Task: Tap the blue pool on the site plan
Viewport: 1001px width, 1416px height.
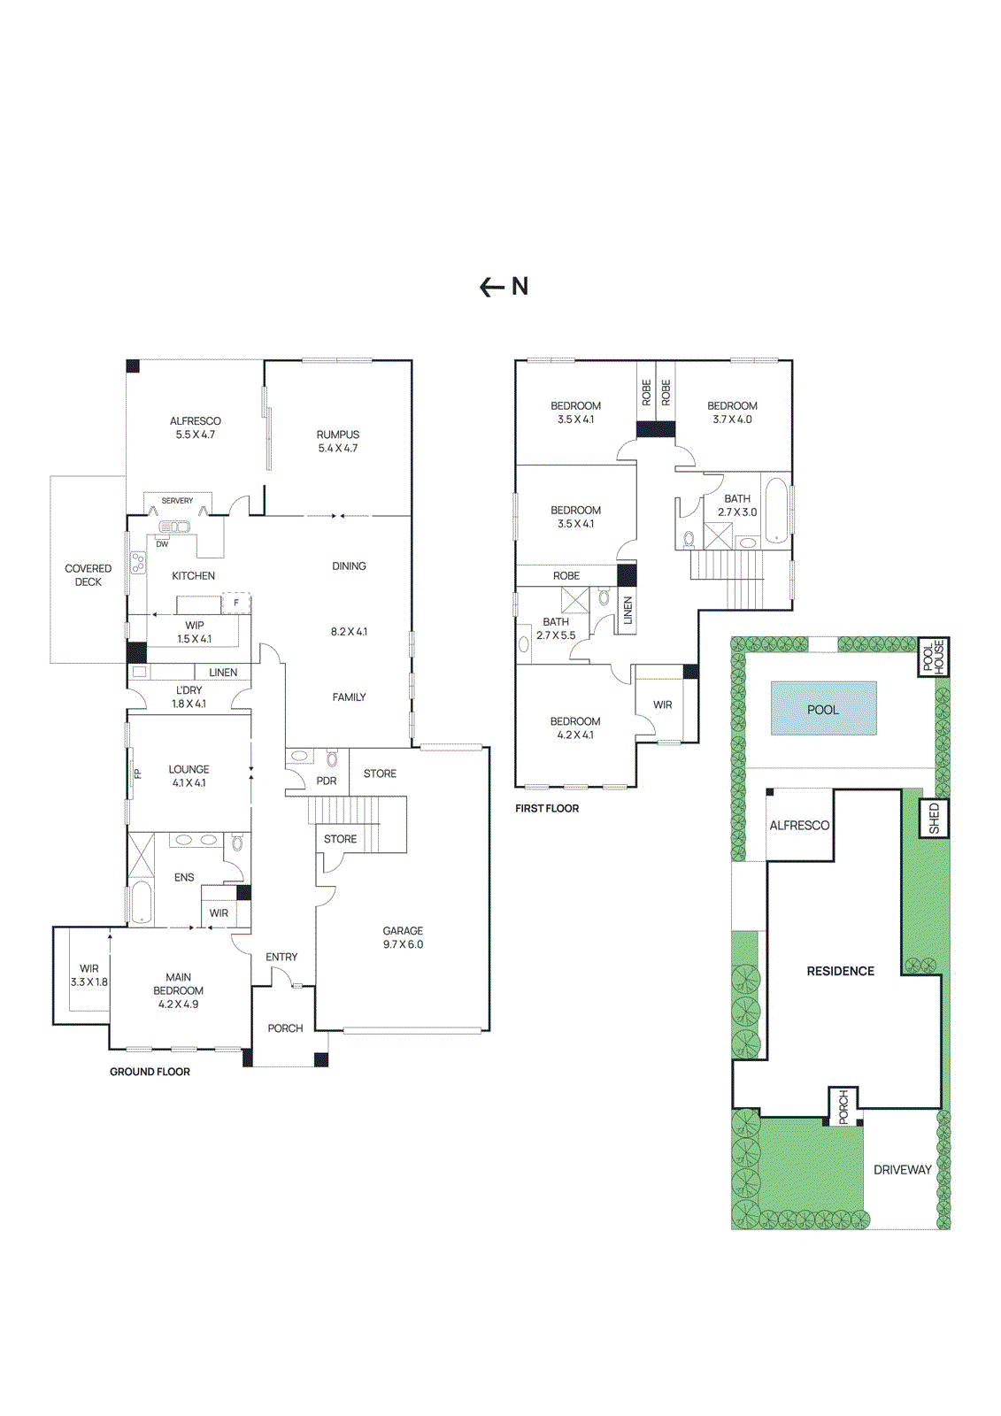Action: [x=823, y=709]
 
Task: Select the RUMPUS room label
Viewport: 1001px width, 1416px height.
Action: [x=338, y=441]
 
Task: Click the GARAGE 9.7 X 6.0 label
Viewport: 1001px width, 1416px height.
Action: [x=403, y=937]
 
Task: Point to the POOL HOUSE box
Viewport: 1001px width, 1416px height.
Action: [x=934, y=657]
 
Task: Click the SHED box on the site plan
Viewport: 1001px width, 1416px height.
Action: [x=934, y=819]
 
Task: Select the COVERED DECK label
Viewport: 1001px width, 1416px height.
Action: [x=88, y=575]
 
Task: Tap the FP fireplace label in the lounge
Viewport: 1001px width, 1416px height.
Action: [x=137, y=773]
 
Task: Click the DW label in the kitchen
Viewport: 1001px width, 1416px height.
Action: [x=162, y=544]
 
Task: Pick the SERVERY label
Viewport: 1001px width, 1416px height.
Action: [x=177, y=501]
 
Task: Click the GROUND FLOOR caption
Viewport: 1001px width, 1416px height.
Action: [x=150, y=1072]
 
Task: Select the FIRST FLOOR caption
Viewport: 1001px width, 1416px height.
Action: [x=547, y=808]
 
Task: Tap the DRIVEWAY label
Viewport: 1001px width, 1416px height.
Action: [x=902, y=1170]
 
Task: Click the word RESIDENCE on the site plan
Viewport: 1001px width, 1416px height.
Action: [x=840, y=971]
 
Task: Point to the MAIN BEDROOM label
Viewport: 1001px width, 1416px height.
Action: [x=178, y=990]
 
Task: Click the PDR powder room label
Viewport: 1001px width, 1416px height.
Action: [x=327, y=781]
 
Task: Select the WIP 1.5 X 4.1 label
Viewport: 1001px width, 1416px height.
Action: [x=194, y=632]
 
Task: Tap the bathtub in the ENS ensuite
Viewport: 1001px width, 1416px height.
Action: [x=141, y=902]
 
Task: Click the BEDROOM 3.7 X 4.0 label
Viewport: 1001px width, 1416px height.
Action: [x=732, y=412]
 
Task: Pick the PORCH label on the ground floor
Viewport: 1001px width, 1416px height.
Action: [x=285, y=1028]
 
